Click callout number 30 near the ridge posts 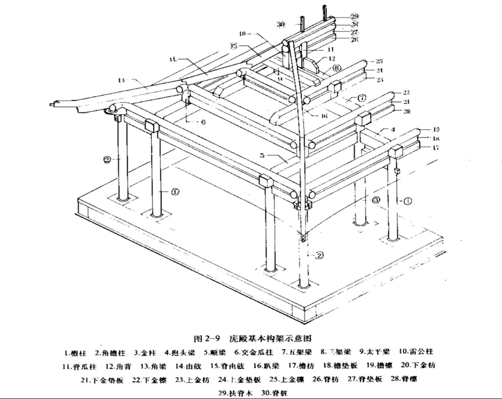click(281, 24)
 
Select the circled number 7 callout click(362, 97)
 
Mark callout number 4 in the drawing click(393, 129)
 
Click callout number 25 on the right click(379, 61)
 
